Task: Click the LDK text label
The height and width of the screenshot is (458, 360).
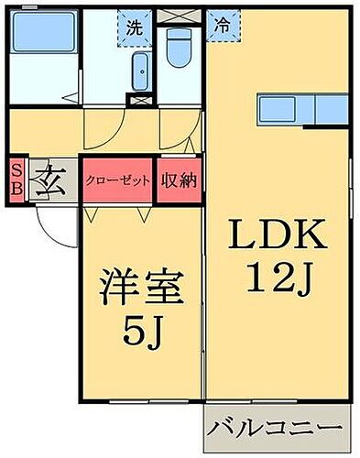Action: pyautogui.click(x=277, y=236)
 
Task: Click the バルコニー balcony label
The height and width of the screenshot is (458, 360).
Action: pyautogui.click(x=275, y=427)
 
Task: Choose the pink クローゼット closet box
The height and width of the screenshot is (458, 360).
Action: pyautogui.click(x=118, y=180)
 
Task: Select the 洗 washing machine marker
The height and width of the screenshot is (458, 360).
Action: pyautogui.click(x=135, y=27)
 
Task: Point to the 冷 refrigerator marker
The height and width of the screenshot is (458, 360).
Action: pyautogui.click(x=222, y=27)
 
